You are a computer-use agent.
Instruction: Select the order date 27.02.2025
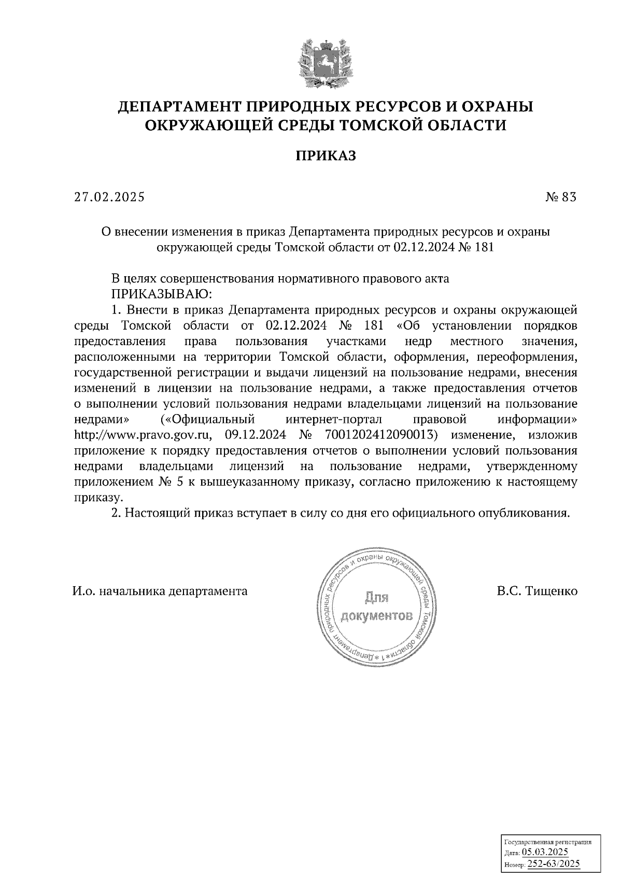(x=109, y=197)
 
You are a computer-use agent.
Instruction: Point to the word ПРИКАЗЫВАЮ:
(x=162, y=294)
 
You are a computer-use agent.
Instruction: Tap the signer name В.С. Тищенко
(x=536, y=591)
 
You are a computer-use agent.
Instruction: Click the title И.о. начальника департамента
(x=160, y=591)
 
